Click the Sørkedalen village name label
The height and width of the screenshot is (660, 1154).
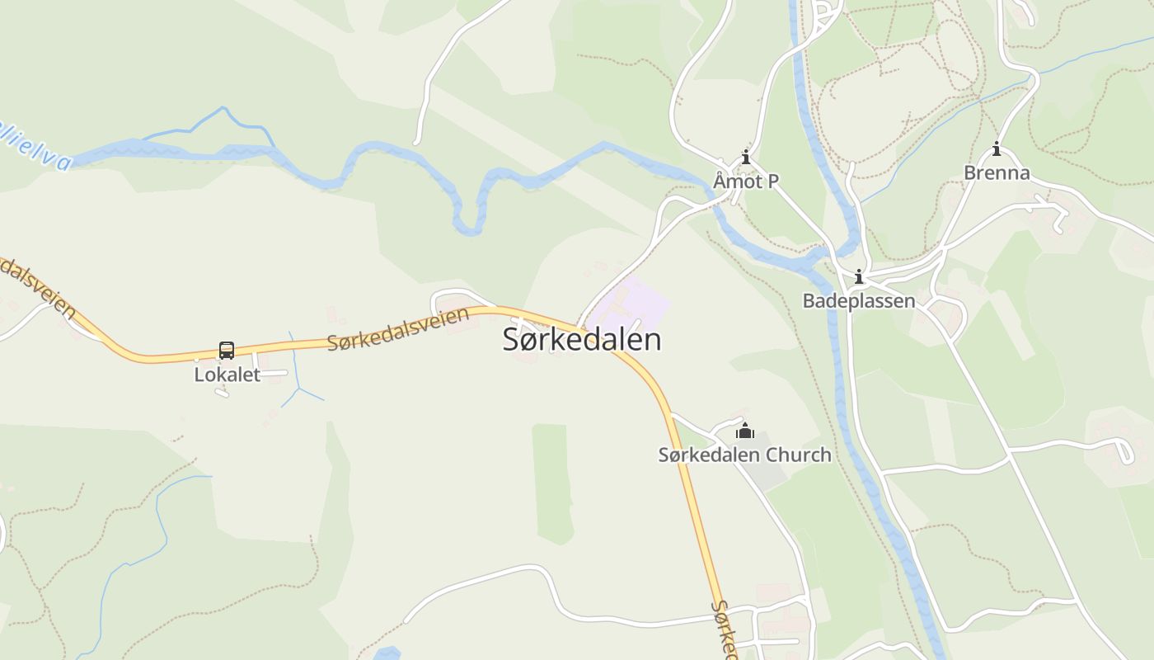[582, 340]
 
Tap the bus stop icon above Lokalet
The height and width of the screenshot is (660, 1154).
[227, 351]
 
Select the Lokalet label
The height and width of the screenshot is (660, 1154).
[227, 375]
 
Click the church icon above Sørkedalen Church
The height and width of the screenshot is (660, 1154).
[745, 431]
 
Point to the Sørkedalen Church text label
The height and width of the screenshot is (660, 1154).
[744, 455]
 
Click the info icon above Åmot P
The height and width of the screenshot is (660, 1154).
[746, 157]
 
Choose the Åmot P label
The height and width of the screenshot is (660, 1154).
[746, 181]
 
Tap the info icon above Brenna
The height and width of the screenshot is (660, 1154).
[997, 149]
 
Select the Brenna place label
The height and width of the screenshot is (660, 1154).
[997, 172]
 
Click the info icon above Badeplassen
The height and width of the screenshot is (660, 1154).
[859, 276]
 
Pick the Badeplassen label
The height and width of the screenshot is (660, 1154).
[859, 300]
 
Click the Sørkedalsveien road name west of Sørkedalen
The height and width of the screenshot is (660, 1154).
[398, 328]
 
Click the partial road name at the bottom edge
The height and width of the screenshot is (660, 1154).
[724, 631]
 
